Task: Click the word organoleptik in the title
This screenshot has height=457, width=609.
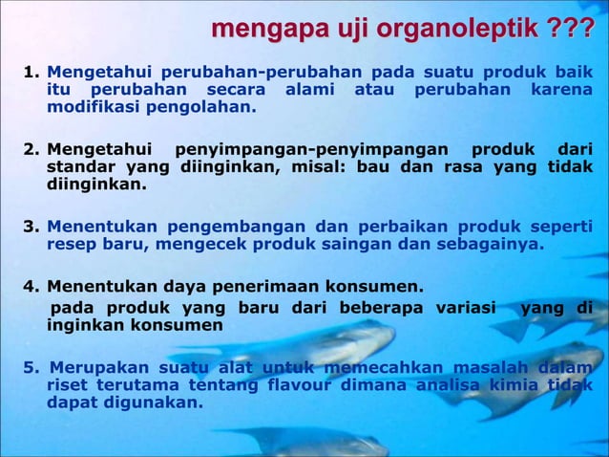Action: click(458, 30)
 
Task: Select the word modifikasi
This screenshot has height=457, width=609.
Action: click(93, 107)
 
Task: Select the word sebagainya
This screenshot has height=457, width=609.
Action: click(490, 244)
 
